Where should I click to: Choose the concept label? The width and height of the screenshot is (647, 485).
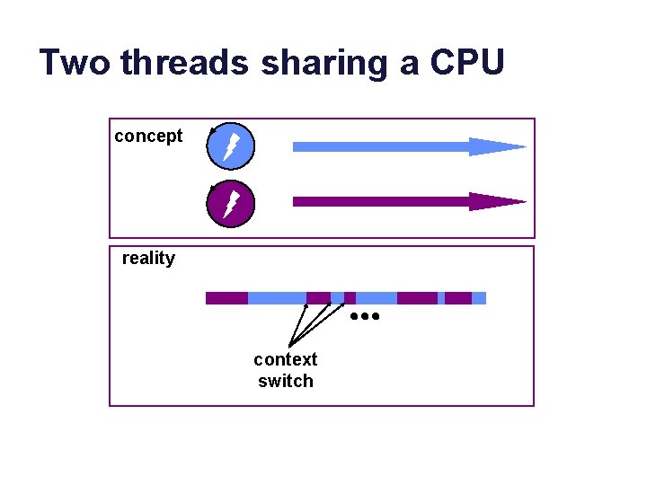click(148, 136)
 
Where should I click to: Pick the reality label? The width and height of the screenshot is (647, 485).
click(148, 259)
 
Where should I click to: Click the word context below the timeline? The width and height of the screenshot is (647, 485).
click(285, 359)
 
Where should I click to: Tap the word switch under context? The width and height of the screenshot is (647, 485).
click(285, 381)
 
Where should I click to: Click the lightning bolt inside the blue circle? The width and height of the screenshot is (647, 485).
click(231, 146)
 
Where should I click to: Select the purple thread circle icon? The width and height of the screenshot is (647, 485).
click(231, 205)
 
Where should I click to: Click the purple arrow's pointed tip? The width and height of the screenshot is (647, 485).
click(521, 201)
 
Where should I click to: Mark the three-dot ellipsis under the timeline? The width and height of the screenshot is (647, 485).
click(366, 317)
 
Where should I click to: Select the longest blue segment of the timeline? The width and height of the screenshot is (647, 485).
click(277, 298)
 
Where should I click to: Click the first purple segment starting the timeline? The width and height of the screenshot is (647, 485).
click(226, 298)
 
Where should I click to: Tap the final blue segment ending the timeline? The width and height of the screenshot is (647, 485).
click(479, 298)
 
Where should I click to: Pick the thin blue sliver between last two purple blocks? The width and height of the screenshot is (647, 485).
click(441, 298)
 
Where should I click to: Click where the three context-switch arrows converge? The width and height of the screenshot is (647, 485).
click(289, 346)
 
